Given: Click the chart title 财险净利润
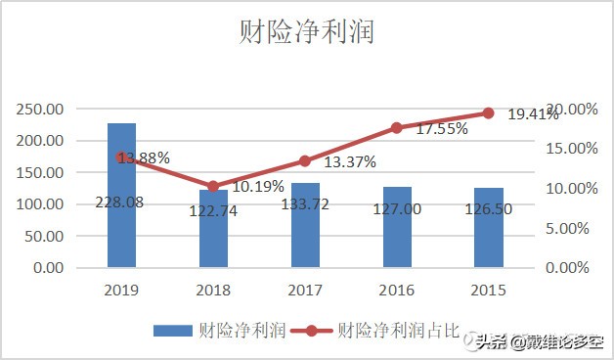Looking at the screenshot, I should coord(307,32).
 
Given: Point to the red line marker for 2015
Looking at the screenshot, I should coord(489,113).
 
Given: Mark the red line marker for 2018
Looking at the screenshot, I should coord(213,186).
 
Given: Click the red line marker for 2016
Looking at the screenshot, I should coord(397,128).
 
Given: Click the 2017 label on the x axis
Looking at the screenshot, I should coord(305,291).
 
